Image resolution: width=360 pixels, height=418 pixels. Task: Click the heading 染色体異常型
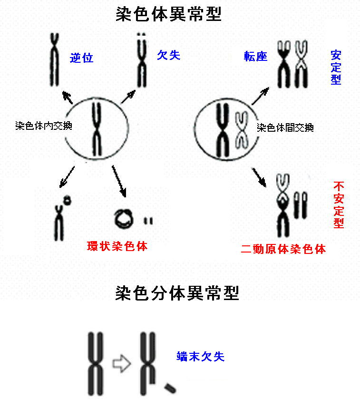[x=169, y=14]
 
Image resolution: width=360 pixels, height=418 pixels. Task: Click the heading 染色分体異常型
[x=177, y=293]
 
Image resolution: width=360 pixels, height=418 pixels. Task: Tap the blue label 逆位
[x=81, y=58]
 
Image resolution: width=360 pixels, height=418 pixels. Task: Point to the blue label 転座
[x=255, y=57]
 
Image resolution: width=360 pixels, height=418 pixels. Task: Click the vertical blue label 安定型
[x=336, y=67]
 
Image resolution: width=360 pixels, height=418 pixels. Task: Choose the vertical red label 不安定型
[x=339, y=204]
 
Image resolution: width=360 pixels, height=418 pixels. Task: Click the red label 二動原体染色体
[x=283, y=249]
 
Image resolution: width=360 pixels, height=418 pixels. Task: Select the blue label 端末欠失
[x=200, y=356]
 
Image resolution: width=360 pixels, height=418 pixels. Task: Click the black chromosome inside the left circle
[x=97, y=129]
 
